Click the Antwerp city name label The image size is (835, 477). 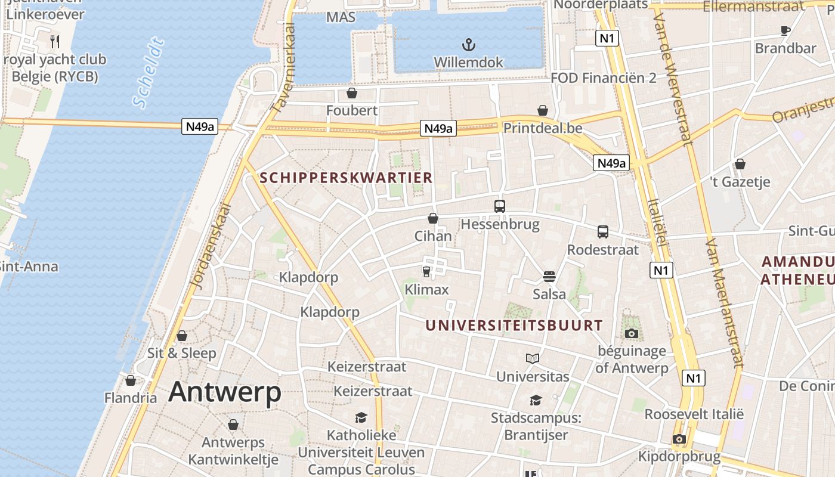[x=224, y=392]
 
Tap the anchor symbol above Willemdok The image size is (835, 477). [x=469, y=45]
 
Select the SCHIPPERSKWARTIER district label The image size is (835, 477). [x=347, y=178]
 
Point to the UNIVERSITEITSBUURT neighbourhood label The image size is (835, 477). [x=514, y=326]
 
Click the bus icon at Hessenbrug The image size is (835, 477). [x=500, y=206]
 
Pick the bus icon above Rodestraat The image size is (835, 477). [x=603, y=232]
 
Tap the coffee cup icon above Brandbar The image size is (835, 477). [x=785, y=30]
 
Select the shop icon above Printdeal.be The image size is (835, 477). [x=543, y=110]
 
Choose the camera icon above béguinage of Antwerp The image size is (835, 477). [x=632, y=333]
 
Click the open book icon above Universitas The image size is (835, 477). [x=533, y=358]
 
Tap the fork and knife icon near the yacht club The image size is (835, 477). [x=55, y=41]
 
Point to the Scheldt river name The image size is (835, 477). [x=149, y=73]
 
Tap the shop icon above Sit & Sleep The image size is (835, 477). [x=182, y=336]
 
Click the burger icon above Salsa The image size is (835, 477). [x=549, y=277]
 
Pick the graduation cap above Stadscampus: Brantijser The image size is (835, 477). [x=536, y=400]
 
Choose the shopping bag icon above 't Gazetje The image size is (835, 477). [x=740, y=164]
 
